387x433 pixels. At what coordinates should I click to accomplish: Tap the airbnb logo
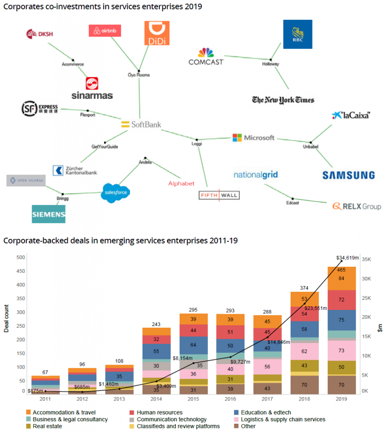[105, 31]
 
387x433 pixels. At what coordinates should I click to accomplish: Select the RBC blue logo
[297, 34]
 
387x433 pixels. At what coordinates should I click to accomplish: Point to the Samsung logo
[349, 175]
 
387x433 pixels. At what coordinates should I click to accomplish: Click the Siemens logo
[49, 214]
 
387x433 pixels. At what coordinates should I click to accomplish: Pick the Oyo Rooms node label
[139, 75]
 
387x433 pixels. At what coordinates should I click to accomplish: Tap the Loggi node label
[197, 144]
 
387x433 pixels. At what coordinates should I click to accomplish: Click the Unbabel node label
[310, 147]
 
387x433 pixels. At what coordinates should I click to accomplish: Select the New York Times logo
[283, 100]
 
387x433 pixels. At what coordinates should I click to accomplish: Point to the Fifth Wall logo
[219, 195]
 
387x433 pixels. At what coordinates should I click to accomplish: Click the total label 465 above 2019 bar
[341, 269]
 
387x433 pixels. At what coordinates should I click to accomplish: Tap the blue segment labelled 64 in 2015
[193, 345]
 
